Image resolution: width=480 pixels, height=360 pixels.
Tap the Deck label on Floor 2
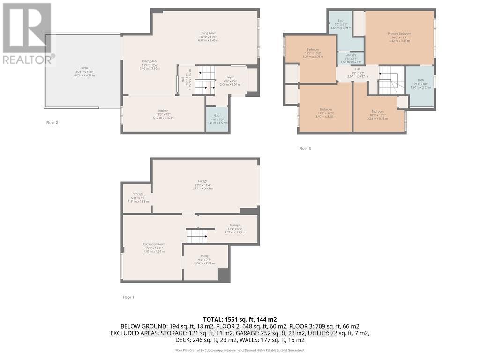(x=84, y=68)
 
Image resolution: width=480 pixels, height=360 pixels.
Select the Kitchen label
(x=163, y=111)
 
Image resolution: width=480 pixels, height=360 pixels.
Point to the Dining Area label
(x=150, y=61)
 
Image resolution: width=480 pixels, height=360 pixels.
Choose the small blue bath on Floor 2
(x=217, y=119)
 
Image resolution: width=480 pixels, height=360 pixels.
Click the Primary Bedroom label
(x=399, y=34)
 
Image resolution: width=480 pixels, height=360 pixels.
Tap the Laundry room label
(x=351, y=55)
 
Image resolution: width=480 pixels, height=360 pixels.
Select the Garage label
(x=202, y=181)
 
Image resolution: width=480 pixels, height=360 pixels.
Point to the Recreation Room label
(x=154, y=245)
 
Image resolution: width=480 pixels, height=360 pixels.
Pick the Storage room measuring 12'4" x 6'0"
(x=235, y=225)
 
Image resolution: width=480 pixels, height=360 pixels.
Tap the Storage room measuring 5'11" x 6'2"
(x=138, y=194)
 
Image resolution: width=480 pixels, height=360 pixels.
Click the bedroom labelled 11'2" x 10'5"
(x=325, y=110)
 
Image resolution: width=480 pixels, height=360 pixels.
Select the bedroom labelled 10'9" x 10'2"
(x=313, y=50)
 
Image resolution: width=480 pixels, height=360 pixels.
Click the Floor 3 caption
(x=305, y=149)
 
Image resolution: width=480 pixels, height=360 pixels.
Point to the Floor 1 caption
(x=128, y=297)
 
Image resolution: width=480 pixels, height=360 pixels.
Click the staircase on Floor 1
(x=196, y=236)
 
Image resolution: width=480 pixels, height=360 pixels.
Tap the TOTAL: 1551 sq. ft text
(x=240, y=319)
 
